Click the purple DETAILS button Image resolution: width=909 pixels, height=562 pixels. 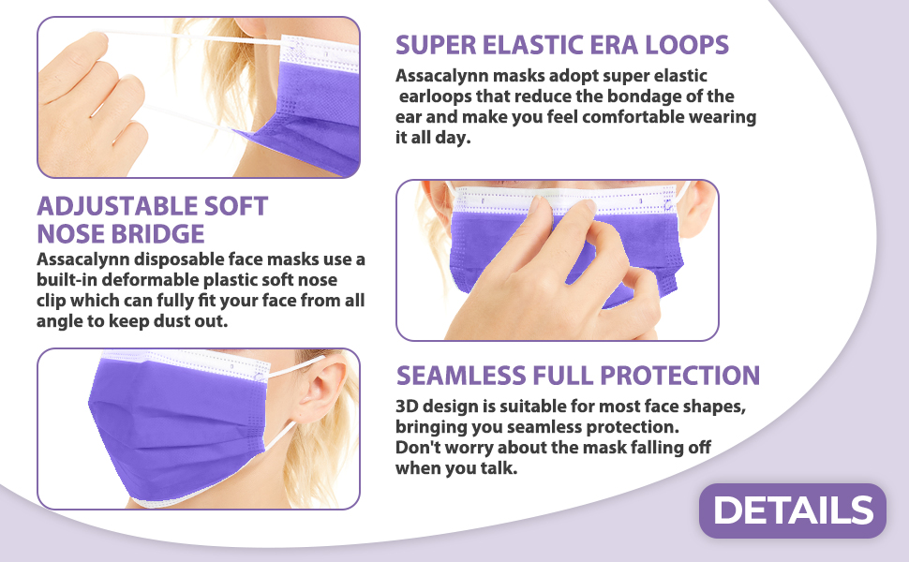pos(793,510)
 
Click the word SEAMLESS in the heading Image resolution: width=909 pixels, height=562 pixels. pos(461,376)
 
